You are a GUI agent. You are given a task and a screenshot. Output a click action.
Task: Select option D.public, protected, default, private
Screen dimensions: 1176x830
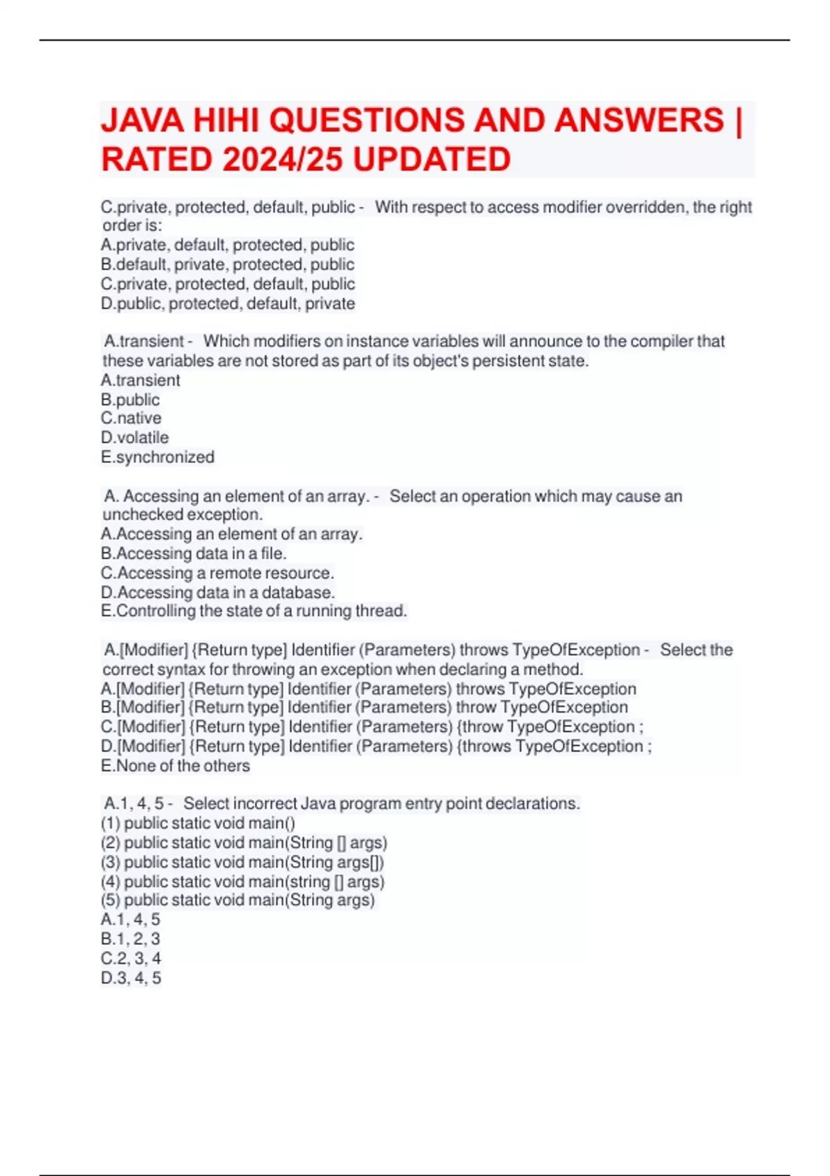pyautogui.click(x=228, y=304)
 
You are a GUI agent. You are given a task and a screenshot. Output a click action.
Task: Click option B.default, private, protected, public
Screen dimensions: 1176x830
pyautogui.click(x=228, y=264)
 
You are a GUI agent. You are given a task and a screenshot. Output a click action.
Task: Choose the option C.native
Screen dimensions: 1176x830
pyautogui.click(x=131, y=418)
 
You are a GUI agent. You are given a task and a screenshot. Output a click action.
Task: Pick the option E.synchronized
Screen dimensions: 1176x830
pyautogui.click(x=158, y=457)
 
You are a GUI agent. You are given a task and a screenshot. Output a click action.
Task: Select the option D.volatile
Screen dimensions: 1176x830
pyautogui.click(x=135, y=437)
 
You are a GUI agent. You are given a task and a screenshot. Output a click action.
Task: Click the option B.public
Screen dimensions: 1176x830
pyautogui.click(x=130, y=400)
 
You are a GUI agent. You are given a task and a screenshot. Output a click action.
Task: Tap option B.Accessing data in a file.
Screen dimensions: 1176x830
pyautogui.click(x=194, y=553)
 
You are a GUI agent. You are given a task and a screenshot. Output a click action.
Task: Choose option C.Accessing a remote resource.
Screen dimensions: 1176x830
pyautogui.click(x=217, y=573)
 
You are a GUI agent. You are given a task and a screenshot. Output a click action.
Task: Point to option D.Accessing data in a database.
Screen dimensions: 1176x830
pyautogui.click(x=218, y=592)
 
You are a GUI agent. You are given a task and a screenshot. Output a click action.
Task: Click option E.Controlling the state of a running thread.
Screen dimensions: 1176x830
pyautogui.click(x=254, y=611)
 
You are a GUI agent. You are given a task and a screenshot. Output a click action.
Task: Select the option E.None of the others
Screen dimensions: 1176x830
pyautogui.click(x=175, y=766)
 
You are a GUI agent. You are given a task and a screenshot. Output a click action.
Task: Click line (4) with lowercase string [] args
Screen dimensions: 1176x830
pyautogui.click(x=243, y=881)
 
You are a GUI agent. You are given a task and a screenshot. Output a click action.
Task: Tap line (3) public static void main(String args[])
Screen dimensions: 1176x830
pyautogui.click(x=243, y=862)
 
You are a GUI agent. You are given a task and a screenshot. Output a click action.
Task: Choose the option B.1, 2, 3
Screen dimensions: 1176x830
pyautogui.click(x=130, y=939)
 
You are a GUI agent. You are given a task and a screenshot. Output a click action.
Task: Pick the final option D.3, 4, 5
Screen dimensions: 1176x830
pyautogui.click(x=131, y=977)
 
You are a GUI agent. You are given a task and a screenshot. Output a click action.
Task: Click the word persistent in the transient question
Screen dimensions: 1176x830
pyautogui.click(x=504, y=361)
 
